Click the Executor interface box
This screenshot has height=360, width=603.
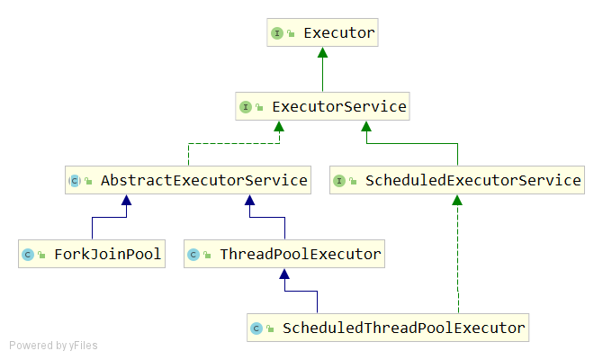click(x=322, y=32)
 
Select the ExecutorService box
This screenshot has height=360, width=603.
click(x=322, y=106)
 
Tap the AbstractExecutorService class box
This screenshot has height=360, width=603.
click(x=188, y=180)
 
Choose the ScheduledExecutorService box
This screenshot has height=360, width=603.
click(x=457, y=180)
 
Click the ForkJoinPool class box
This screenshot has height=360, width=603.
click(x=92, y=254)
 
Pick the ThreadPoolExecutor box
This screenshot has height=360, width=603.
click(x=284, y=254)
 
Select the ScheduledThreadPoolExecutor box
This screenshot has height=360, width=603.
click(x=388, y=328)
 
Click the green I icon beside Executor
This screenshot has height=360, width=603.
click(x=277, y=33)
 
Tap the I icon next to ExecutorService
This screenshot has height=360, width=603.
click(x=246, y=107)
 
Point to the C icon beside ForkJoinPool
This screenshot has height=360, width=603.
click(x=28, y=255)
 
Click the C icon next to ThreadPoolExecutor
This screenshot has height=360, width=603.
click(x=193, y=255)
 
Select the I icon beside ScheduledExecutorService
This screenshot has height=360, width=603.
click(x=339, y=181)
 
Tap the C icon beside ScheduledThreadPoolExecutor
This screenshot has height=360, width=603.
click(x=256, y=328)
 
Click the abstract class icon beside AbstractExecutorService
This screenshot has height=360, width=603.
click(x=75, y=181)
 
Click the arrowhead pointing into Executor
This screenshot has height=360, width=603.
click(x=323, y=52)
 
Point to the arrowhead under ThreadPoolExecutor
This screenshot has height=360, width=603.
click(x=284, y=274)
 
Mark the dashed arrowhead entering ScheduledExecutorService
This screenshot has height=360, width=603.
click(x=457, y=200)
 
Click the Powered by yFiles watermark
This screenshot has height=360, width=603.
click(x=53, y=346)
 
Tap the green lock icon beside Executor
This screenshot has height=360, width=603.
click(x=291, y=34)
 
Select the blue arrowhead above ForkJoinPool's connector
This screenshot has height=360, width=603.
click(x=127, y=200)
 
